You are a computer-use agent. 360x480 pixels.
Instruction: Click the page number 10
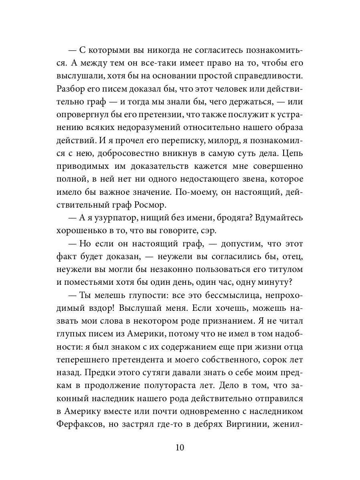180,447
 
